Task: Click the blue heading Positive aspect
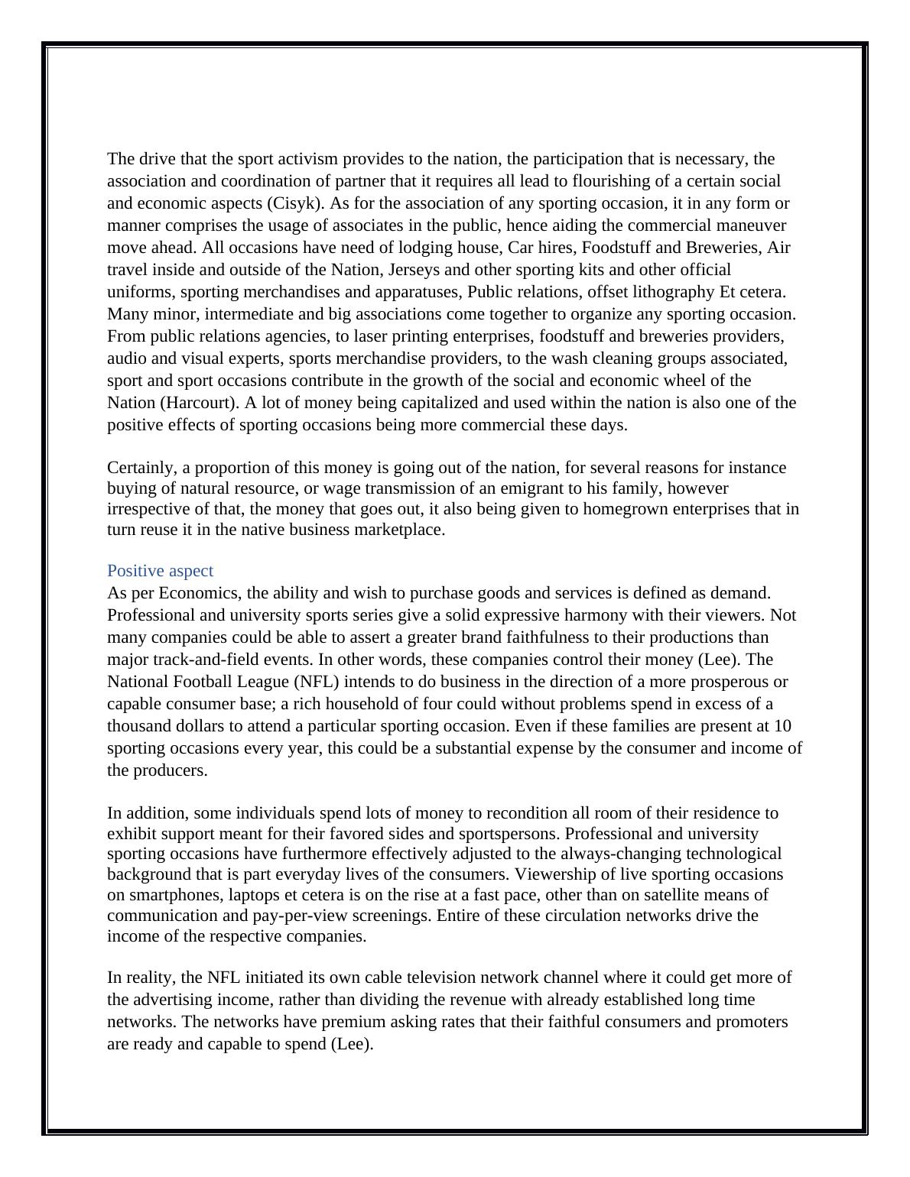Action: coord(160,571)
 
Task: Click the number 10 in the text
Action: coord(782,726)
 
